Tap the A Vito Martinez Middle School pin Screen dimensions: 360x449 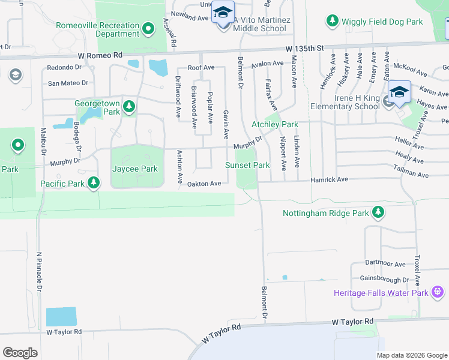point(223,13)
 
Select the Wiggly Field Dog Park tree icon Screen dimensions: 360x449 point(332,22)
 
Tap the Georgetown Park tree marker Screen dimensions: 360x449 point(128,107)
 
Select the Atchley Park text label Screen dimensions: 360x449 point(274,125)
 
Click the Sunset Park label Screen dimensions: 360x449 point(247,165)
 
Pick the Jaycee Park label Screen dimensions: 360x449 point(135,169)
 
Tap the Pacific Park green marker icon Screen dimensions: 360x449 point(93,182)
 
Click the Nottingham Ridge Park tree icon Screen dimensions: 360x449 point(378,212)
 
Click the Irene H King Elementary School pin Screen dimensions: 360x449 point(399,92)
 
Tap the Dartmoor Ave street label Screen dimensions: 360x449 point(386,263)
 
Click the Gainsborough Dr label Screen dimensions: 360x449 point(384,279)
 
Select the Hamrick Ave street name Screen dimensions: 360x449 point(329,179)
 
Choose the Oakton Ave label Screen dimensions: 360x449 point(204,184)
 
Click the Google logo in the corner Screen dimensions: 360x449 point(20,353)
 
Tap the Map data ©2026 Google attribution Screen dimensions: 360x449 point(411,355)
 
